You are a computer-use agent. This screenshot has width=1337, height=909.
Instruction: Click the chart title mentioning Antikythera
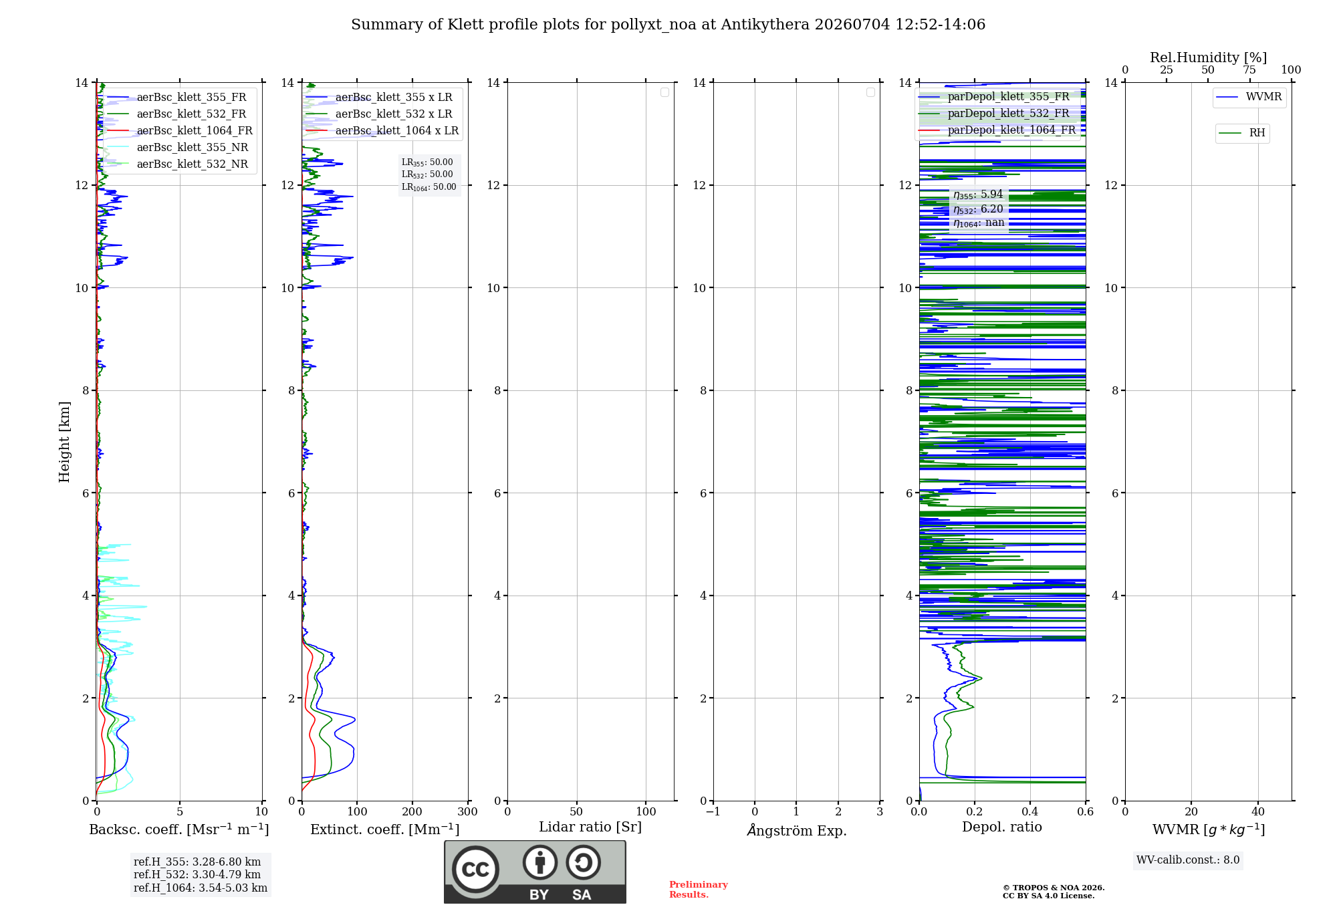(x=668, y=25)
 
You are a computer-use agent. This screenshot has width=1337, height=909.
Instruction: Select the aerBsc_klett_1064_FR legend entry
(x=180, y=130)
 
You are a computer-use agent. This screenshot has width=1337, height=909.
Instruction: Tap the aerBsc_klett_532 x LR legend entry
(x=379, y=114)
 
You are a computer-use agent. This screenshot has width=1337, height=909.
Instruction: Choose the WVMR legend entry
(x=1249, y=97)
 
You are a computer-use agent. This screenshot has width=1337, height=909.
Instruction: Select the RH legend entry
(x=1242, y=133)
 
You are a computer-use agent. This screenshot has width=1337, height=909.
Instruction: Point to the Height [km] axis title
(x=64, y=442)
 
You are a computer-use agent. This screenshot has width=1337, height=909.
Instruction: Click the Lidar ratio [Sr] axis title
(x=590, y=827)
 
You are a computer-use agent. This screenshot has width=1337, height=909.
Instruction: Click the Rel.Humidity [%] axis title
(x=1208, y=57)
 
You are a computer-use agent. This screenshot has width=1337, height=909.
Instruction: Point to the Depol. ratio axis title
(x=1002, y=827)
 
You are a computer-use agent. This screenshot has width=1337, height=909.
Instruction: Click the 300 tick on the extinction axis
(x=467, y=812)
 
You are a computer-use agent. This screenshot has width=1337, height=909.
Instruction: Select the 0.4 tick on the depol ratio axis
(x=1030, y=812)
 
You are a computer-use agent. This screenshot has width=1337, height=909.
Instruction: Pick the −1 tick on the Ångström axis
(x=713, y=812)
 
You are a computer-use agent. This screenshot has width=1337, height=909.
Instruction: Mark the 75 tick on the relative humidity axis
(x=1249, y=70)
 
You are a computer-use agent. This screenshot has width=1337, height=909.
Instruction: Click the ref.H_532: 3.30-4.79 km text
(x=197, y=875)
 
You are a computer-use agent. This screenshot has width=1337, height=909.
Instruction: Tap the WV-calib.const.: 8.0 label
(x=1188, y=860)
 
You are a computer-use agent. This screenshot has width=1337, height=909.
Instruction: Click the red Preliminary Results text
(x=699, y=890)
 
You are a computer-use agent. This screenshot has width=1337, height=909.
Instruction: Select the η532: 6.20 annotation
(x=978, y=209)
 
